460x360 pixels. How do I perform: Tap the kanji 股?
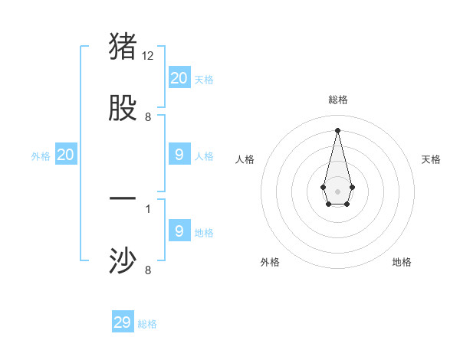(123, 107)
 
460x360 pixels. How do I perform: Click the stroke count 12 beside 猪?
(148, 56)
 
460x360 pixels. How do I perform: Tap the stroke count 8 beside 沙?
(148, 270)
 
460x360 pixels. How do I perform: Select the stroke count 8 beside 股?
(148, 117)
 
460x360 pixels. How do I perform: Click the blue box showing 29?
(123, 322)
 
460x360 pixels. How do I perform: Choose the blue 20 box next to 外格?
(66, 155)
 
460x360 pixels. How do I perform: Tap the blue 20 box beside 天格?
(179, 78)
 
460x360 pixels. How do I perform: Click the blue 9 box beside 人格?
(179, 155)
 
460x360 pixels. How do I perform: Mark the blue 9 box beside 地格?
(179, 231)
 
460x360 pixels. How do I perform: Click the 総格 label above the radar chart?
(337, 100)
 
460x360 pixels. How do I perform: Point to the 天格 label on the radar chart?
(431, 159)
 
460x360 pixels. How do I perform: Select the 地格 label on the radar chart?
(402, 262)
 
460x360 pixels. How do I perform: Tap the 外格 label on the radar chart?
(270, 262)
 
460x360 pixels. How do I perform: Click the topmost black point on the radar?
(337, 129)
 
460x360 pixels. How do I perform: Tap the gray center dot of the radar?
(337, 191)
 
